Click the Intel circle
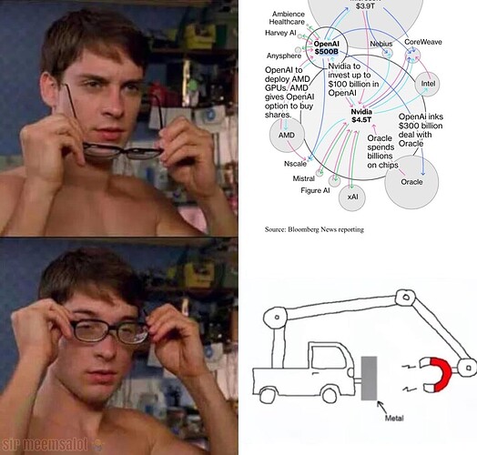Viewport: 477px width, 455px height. click(426, 84)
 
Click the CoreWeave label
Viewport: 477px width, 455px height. click(423, 42)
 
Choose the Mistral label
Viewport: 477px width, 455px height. click(303, 178)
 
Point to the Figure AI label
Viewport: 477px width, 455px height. click(315, 191)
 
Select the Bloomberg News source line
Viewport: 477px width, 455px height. click(313, 229)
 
